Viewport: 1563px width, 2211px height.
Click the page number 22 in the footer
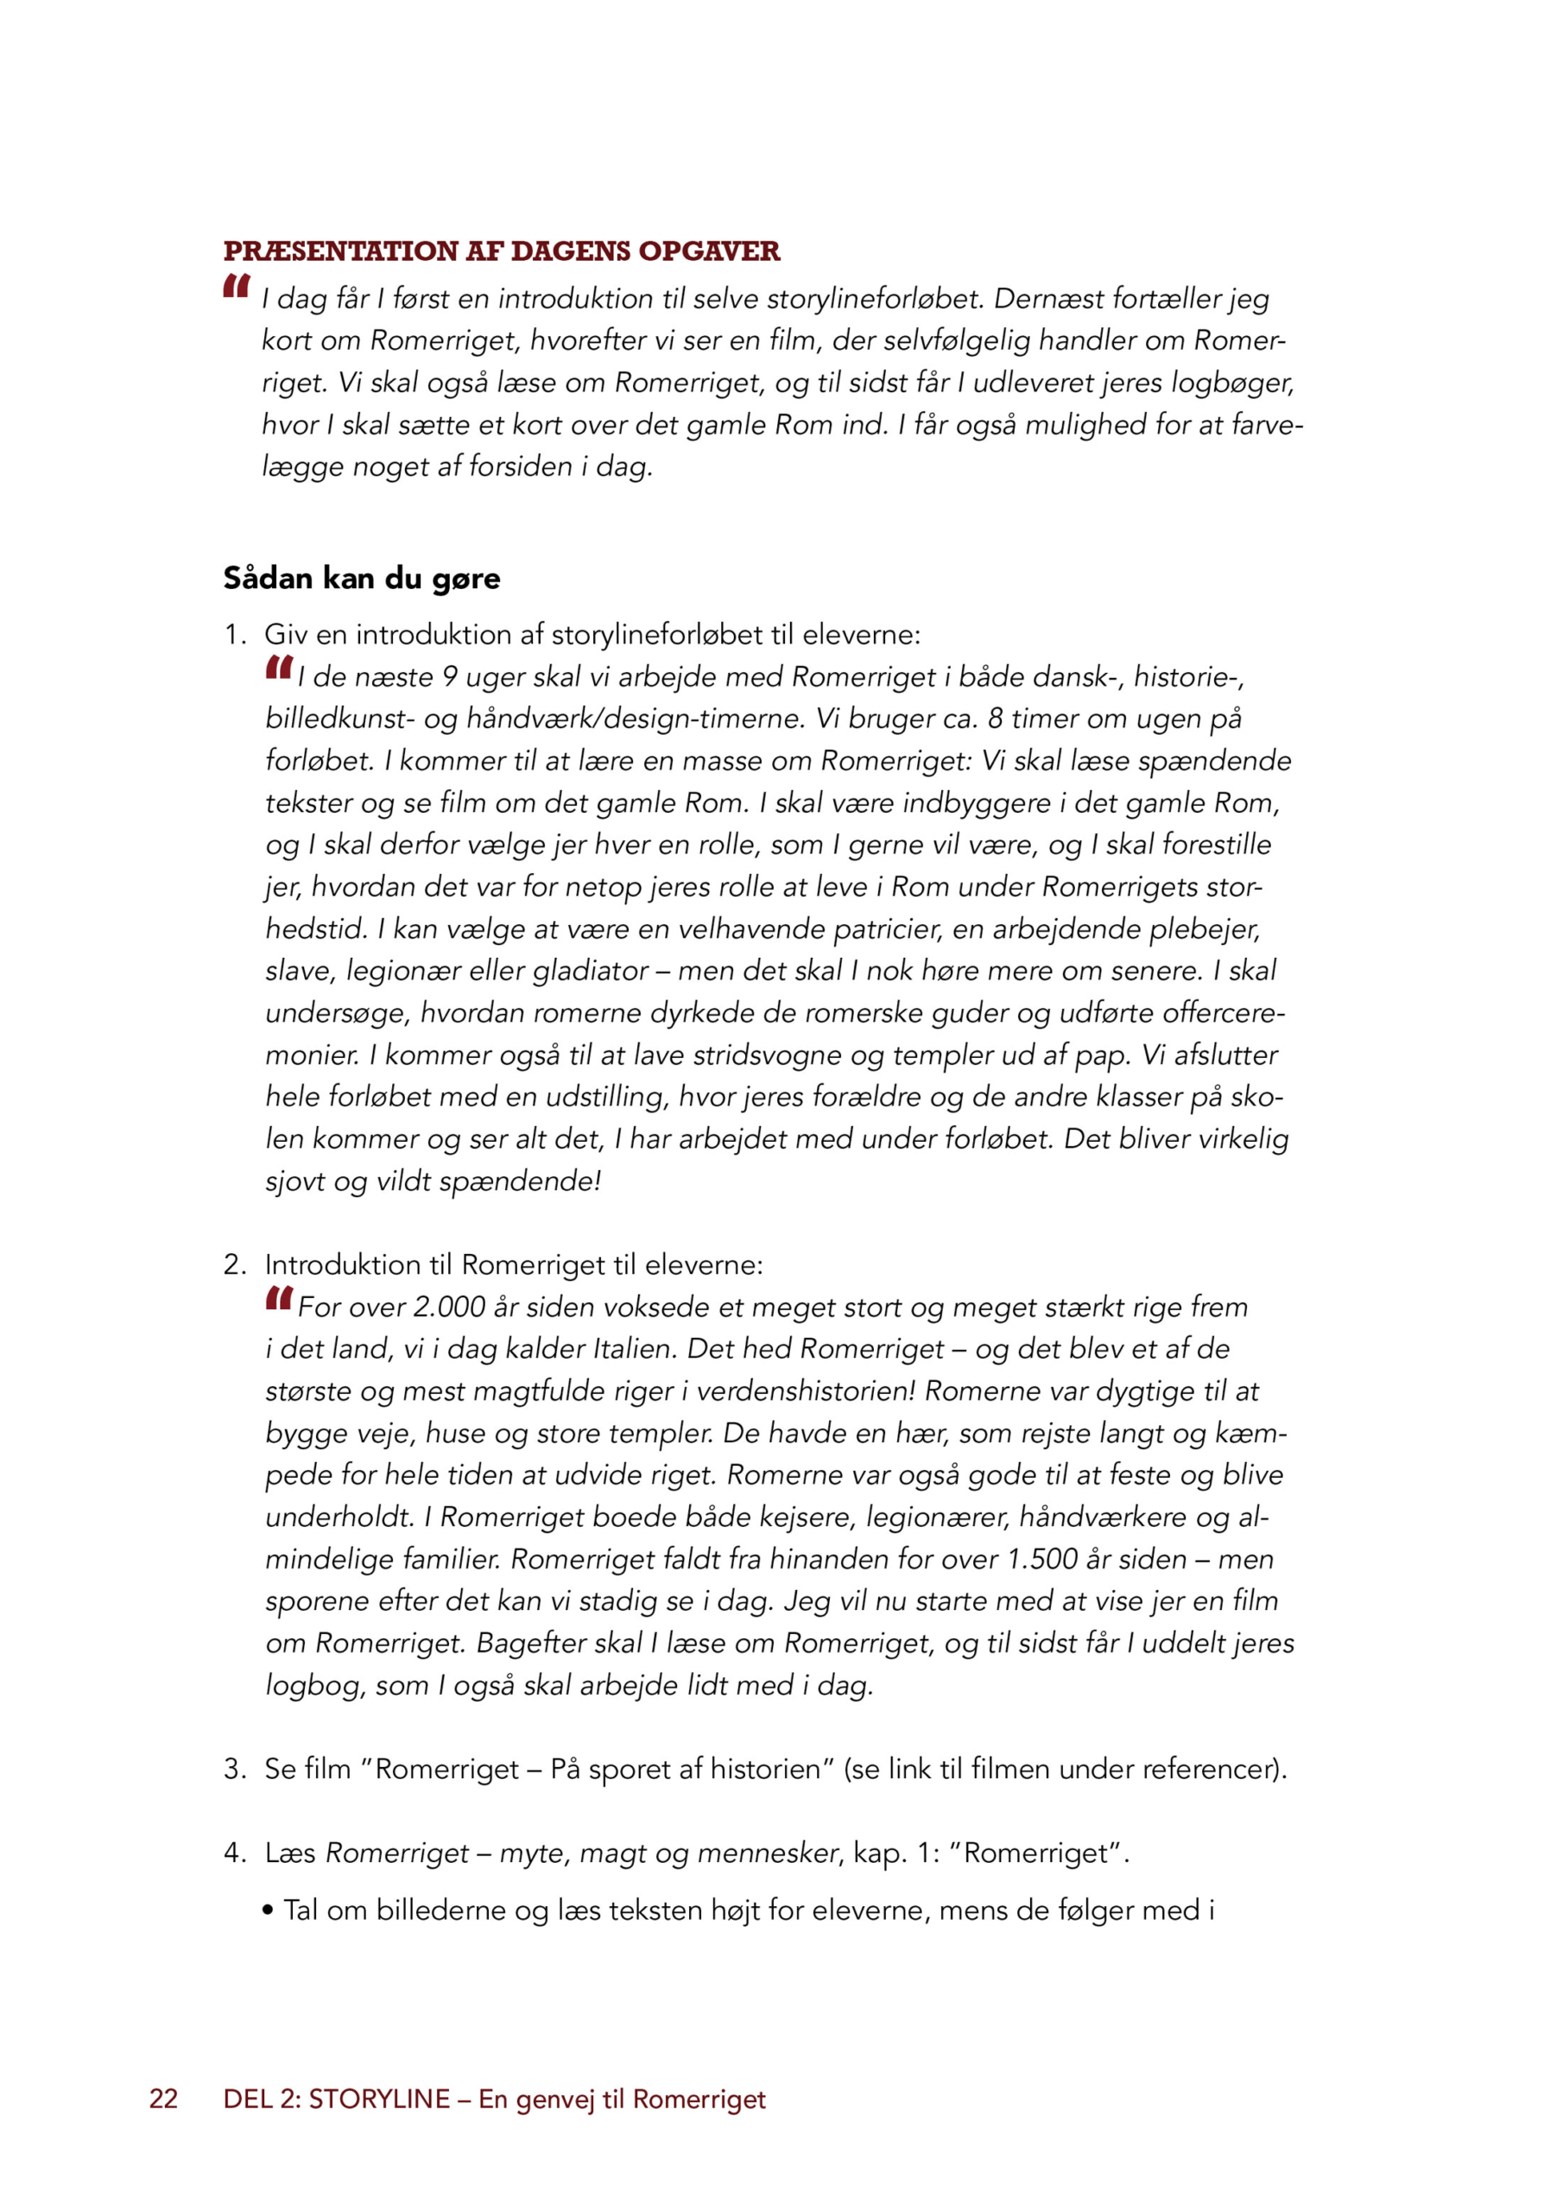(164, 2100)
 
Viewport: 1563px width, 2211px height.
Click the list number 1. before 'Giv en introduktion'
(234, 635)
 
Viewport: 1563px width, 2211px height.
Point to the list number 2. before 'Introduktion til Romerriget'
(234, 1264)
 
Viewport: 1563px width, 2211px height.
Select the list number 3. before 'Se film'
(234, 1769)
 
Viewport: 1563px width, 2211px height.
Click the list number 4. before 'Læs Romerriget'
(234, 1853)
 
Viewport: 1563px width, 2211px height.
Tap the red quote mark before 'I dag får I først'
(237, 286)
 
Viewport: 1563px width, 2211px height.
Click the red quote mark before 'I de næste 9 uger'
(279, 667)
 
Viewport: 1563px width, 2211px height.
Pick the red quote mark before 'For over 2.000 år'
(279, 1297)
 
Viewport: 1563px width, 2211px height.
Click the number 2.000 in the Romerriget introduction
(449, 1307)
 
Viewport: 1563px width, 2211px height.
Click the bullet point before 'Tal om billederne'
(269, 1910)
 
